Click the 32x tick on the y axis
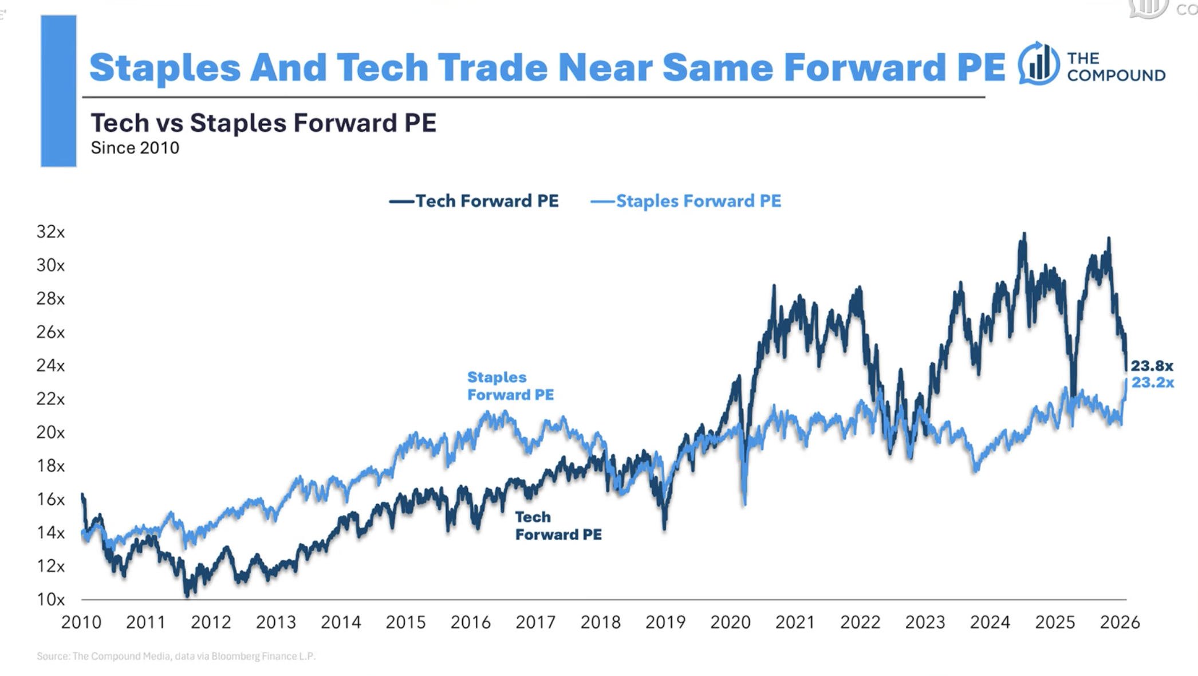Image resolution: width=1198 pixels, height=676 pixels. [x=50, y=232]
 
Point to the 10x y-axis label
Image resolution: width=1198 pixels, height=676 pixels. [x=50, y=600]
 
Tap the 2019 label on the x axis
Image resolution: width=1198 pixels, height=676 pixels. [x=665, y=622]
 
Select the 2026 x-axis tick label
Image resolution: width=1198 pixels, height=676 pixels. [x=1120, y=622]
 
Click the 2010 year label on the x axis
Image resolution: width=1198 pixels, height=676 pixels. [x=81, y=622]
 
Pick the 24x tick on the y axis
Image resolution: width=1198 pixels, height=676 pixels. [x=50, y=365]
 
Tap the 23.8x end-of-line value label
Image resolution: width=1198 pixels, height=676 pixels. [x=1152, y=365]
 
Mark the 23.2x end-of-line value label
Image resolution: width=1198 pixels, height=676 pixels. [x=1152, y=383]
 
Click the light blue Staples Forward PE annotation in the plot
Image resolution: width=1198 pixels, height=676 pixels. [x=510, y=386]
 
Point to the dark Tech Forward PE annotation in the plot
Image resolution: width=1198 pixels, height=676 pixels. [x=558, y=526]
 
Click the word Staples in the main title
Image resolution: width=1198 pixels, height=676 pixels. [x=165, y=68]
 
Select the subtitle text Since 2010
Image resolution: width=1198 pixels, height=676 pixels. [x=135, y=148]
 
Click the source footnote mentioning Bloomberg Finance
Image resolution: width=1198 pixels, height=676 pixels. [x=176, y=656]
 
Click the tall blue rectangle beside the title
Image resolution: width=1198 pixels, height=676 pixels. [x=58, y=91]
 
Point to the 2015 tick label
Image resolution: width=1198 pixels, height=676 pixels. [x=405, y=622]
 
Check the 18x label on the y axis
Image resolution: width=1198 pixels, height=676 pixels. [x=50, y=466]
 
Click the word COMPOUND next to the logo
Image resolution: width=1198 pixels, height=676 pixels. [x=1116, y=76]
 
